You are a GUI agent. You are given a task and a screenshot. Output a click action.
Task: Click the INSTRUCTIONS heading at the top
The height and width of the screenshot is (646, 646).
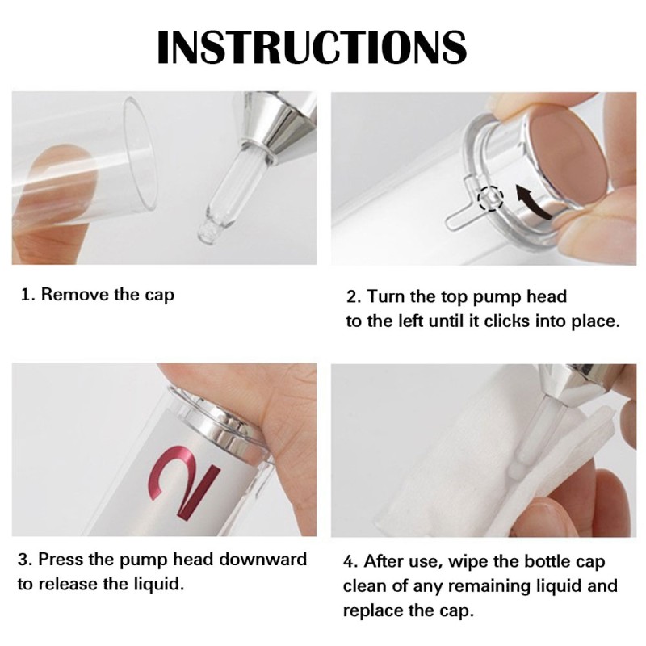[x=312, y=46]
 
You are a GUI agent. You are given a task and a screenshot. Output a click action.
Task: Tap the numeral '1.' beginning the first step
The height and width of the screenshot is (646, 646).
[x=27, y=296]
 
